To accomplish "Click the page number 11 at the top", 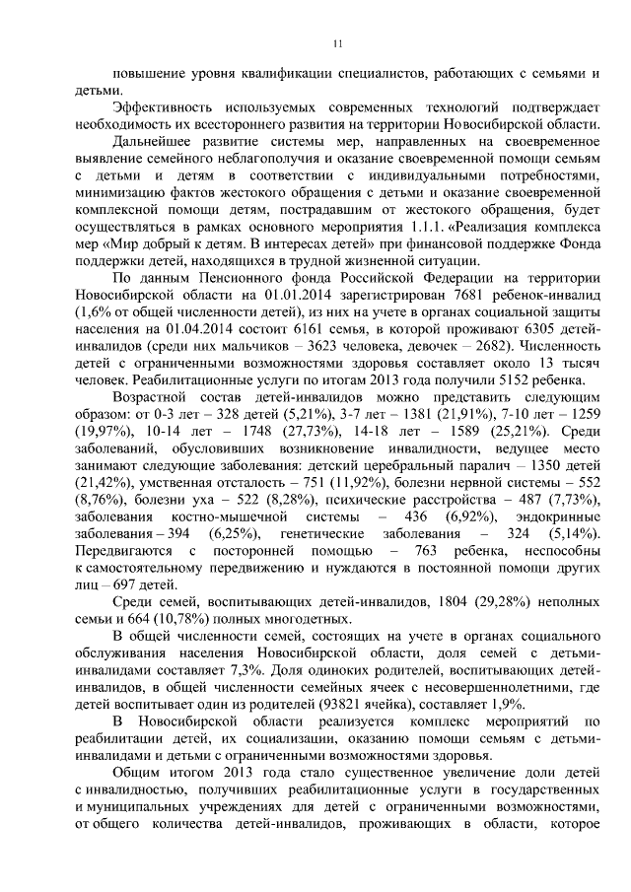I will coord(336,42).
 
